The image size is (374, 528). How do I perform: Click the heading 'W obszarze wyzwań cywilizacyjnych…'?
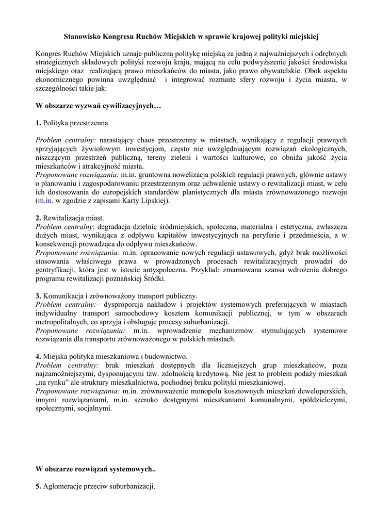click(x=99, y=106)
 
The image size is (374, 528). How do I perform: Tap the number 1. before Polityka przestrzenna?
click(x=38, y=123)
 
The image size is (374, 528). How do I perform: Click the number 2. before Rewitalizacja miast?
click(x=38, y=218)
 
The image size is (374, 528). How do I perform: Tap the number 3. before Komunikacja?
click(x=38, y=296)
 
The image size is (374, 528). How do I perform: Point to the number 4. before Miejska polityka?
click(x=38, y=357)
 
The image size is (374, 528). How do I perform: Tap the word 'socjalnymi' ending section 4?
click(x=94, y=408)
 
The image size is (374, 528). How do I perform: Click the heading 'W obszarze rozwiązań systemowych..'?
click(x=95, y=469)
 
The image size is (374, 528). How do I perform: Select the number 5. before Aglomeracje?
click(x=38, y=486)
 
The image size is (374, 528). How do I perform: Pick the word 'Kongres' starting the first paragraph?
click(x=49, y=54)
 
